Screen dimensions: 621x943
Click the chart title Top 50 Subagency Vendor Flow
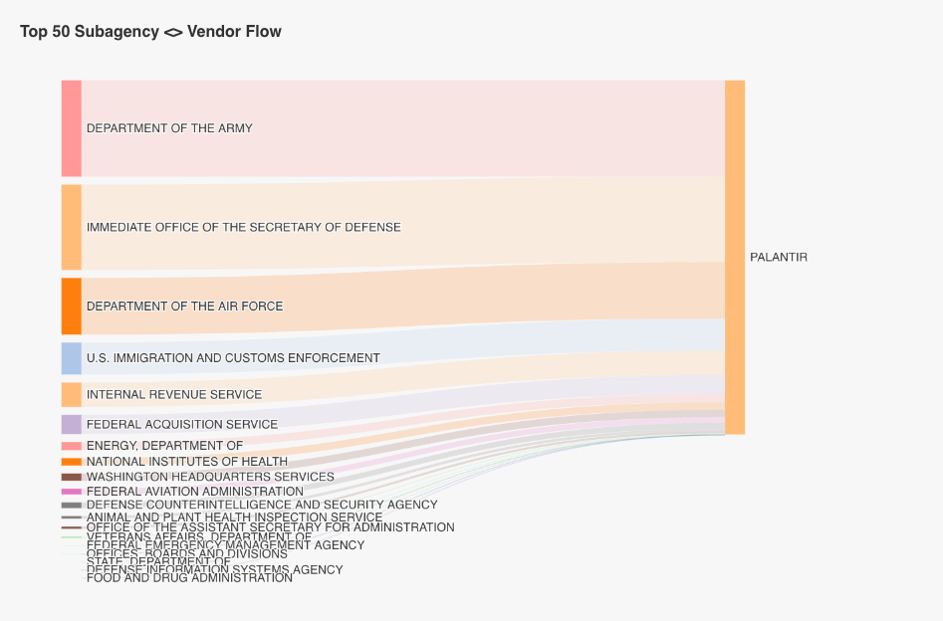click(150, 32)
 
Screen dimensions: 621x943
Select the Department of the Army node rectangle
click(71, 128)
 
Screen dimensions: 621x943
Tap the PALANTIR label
click(778, 257)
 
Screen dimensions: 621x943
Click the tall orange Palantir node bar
click(734, 257)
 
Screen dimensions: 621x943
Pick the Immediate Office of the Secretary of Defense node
click(71, 227)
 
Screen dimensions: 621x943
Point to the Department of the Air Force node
click(71, 306)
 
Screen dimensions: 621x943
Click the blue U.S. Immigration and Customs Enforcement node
click(71, 358)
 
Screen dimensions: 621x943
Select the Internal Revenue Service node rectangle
click(71, 394)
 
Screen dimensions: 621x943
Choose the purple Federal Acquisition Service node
click(71, 424)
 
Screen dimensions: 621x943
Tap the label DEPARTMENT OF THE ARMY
click(169, 128)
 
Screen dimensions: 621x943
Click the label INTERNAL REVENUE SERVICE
click(174, 395)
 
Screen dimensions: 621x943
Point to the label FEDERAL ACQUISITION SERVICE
click(182, 425)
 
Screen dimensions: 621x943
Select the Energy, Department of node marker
click(71, 446)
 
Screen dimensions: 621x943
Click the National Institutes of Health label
click(187, 462)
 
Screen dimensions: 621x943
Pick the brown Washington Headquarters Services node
click(71, 477)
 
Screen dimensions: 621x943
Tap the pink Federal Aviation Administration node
click(71, 491)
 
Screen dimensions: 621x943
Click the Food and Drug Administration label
click(189, 578)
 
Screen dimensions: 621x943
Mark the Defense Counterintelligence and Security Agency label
click(262, 505)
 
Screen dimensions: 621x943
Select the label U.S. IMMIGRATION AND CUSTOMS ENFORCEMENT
click(233, 358)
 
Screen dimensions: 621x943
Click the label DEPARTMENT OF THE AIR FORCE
click(184, 307)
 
